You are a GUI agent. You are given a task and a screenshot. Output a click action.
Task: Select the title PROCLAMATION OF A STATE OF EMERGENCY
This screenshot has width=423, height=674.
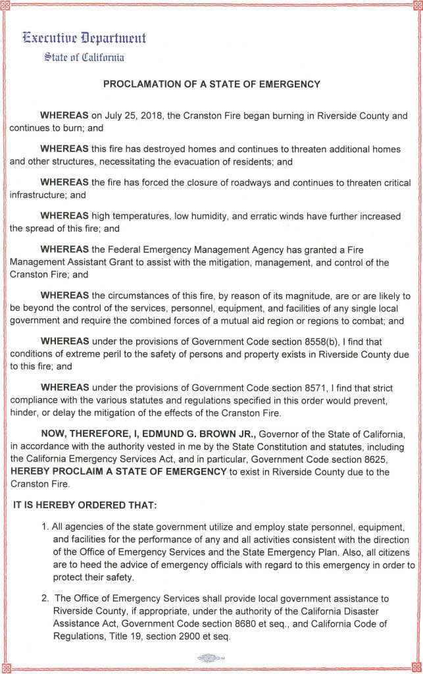click(x=211, y=84)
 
